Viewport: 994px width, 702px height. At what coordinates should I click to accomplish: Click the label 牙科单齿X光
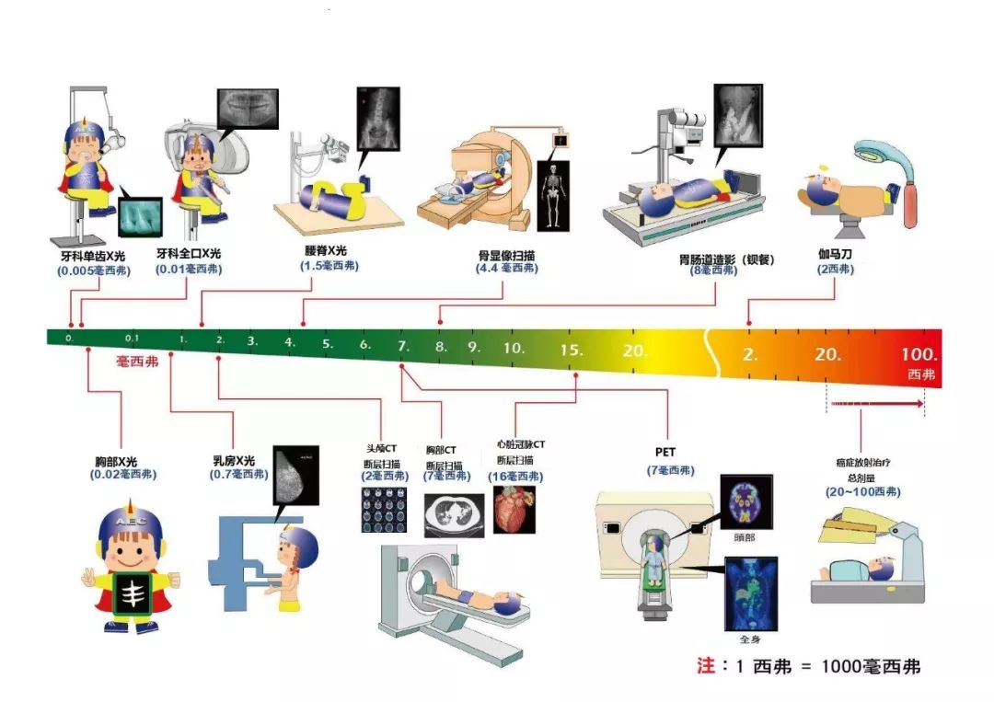(94, 253)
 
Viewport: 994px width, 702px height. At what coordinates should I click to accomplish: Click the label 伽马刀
(835, 252)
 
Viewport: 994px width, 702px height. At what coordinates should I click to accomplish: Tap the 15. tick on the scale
(572, 350)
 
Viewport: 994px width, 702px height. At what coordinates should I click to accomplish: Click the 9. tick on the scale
(474, 348)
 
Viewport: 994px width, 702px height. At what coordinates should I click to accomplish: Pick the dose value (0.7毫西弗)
(239, 475)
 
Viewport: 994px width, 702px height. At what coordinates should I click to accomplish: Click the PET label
(665, 453)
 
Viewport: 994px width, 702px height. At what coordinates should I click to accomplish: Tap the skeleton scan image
(553, 196)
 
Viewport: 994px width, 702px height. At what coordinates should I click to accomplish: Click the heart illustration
(513, 510)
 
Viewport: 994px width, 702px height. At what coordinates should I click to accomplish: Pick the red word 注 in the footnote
(706, 665)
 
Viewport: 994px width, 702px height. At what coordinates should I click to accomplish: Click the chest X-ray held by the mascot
(134, 593)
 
